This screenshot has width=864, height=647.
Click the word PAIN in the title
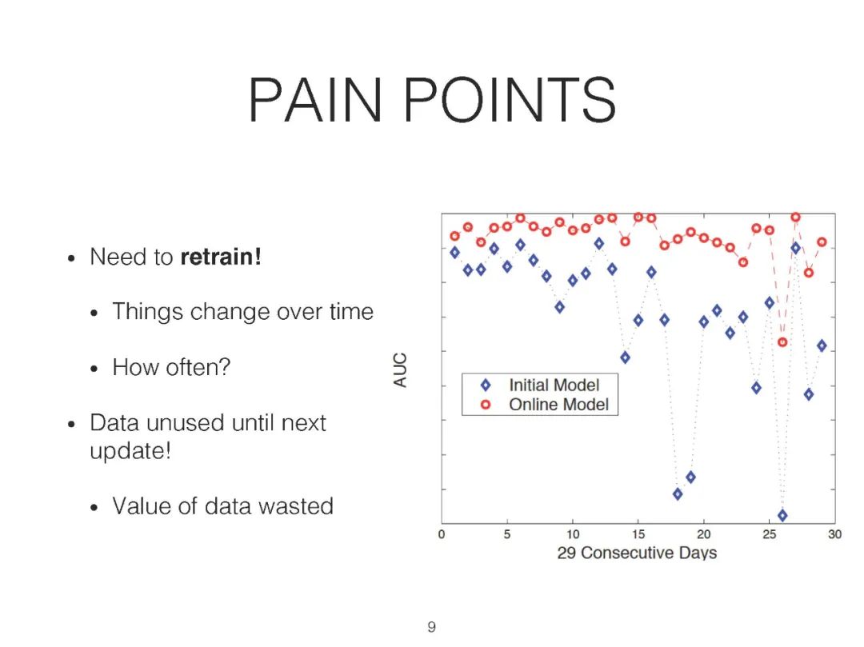tap(314, 100)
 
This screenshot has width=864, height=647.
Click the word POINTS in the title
tap(510, 100)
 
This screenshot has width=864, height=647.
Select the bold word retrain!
tap(221, 257)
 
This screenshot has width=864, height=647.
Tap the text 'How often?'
tap(171, 367)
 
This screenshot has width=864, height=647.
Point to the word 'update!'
tap(130, 451)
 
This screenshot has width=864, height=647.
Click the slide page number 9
tap(431, 627)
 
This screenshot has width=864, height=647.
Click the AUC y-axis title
tap(400, 370)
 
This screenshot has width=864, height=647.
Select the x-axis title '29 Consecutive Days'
tap(637, 553)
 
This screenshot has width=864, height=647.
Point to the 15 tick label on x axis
tap(638, 534)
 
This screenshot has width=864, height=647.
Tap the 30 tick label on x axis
tap(834, 534)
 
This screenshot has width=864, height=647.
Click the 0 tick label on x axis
tap(442, 534)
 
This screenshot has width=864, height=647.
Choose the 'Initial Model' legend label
tap(554, 385)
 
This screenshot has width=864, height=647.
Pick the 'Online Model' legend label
tap(558, 405)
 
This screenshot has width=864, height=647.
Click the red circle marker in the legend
tap(486, 405)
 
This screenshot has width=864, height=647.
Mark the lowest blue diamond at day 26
tap(782, 515)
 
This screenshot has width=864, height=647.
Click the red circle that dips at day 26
tap(782, 342)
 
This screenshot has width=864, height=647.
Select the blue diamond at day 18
tap(678, 494)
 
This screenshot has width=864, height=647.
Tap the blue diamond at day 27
tap(796, 249)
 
